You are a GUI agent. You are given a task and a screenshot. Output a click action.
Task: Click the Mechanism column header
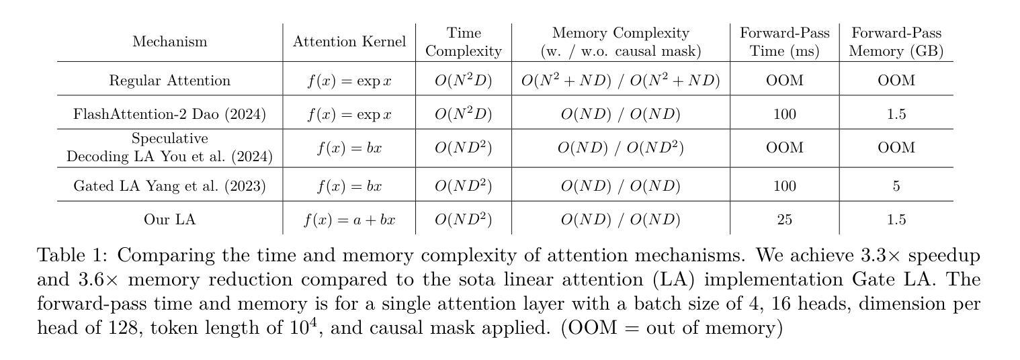pos(169,42)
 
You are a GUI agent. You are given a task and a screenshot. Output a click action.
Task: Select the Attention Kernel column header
pos(349,42)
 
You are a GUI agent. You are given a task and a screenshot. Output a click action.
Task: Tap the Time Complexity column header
pos(464,42)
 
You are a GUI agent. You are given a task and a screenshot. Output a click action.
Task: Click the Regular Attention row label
pos(169,81)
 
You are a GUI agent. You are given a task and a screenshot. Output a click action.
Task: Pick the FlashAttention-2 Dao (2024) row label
pos(169,114)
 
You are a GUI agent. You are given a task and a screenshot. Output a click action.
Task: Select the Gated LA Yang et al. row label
pos(169,186)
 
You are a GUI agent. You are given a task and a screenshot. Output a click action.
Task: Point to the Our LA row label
pos(169,220)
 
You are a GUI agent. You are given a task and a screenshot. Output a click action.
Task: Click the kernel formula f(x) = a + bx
pos(349,220)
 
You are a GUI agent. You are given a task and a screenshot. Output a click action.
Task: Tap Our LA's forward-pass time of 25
pos(784,220)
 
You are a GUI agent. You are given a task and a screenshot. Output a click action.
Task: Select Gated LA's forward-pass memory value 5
pos(896,186)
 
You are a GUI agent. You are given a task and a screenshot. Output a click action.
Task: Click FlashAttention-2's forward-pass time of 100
pos(784,114)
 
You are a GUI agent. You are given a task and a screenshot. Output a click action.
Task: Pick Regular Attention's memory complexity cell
pos(620,81)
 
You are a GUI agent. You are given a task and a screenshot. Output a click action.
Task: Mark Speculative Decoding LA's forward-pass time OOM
pos(784,147)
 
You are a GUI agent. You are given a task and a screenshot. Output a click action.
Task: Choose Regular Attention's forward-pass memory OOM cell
pos(896,81)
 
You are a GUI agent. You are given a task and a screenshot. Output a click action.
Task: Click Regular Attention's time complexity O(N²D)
pos(464,81)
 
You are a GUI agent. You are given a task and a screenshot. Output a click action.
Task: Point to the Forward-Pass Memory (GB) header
pos(896,42)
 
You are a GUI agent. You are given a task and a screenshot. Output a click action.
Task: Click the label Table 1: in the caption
pos(74,256)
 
